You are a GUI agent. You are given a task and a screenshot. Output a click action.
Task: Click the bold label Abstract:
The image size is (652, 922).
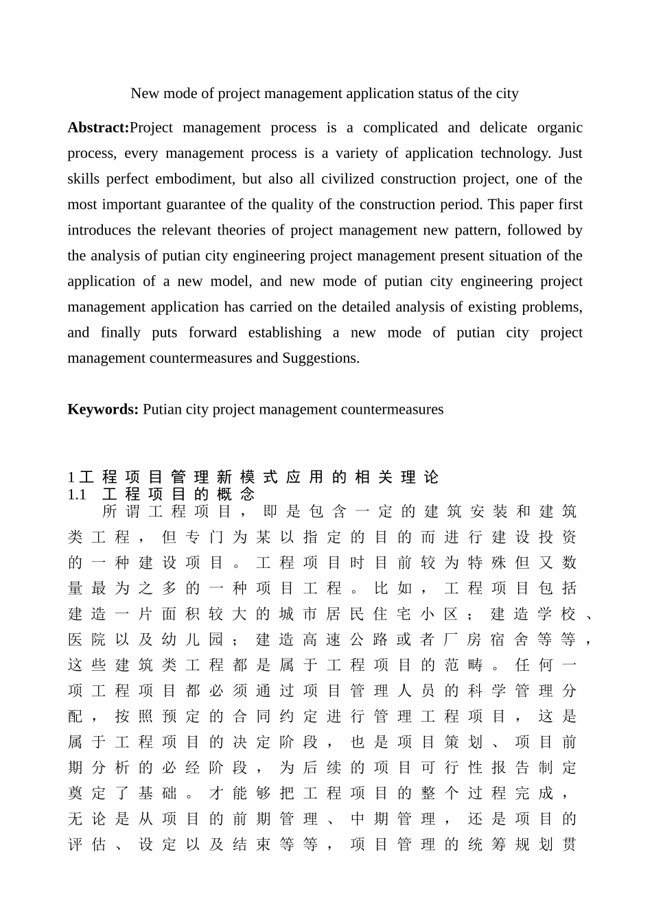coord(98,128)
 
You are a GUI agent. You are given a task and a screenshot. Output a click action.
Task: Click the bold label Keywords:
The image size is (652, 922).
coord(103,410)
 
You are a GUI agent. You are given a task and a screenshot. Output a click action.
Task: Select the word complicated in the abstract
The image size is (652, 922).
coord(400,128)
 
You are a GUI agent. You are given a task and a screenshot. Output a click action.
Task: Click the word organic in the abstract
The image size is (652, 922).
coord(559,128)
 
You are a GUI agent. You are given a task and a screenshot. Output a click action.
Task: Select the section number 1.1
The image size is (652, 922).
coord(77,495)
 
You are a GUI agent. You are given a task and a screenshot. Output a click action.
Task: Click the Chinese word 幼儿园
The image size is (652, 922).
coord(192,640)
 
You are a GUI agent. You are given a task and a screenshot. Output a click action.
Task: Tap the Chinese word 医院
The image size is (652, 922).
coord(87,640)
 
